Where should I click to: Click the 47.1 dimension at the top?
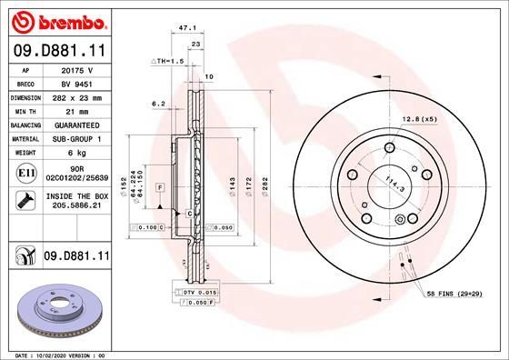tap(188, 28)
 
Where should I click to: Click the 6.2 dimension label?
tap(156, 105)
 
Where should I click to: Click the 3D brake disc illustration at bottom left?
tap(56, 308)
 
